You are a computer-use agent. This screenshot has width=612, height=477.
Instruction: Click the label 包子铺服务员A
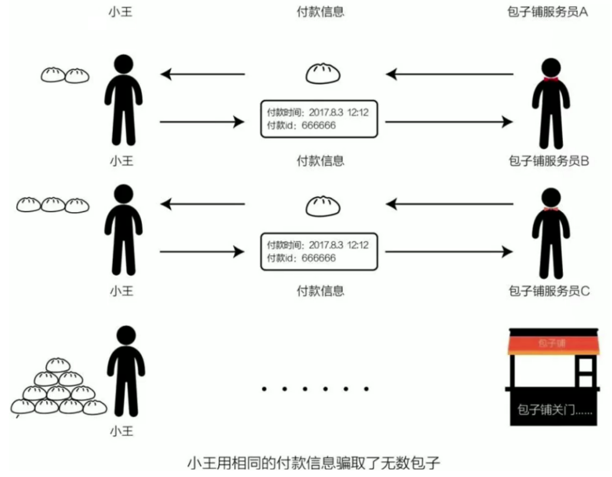[547, 12]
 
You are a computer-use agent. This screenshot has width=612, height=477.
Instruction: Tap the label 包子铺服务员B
[547, 161]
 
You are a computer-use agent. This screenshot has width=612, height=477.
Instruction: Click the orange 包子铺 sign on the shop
[552, 343]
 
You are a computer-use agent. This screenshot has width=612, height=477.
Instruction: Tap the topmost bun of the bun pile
[58, 365]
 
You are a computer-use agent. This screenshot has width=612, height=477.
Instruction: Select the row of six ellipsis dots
[315, 389]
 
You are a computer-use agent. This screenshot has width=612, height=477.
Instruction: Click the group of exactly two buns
[65, 75]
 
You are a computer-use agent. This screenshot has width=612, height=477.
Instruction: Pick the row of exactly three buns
[52, 205]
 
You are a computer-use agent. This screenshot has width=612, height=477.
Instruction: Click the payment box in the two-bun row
[319, 119]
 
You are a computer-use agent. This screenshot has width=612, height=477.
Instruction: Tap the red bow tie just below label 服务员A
[551, 80]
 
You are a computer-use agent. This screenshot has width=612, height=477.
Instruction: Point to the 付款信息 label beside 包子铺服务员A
[321, 12]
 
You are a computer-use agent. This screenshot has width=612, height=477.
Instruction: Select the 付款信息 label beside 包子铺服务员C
[321, 291]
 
